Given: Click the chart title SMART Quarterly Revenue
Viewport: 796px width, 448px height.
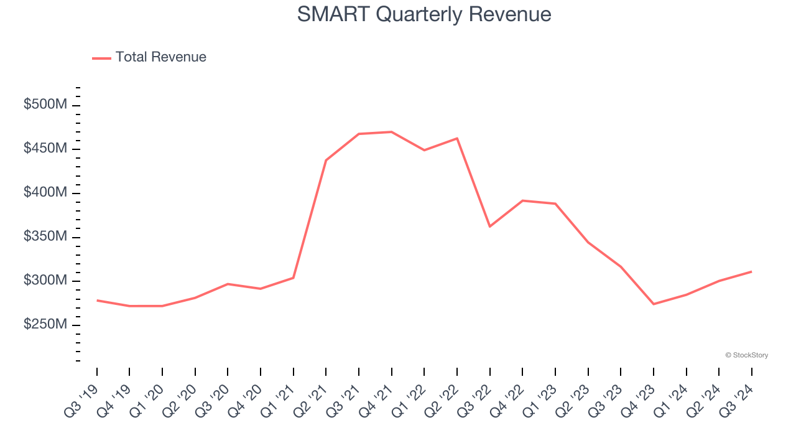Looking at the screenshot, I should [424, 14].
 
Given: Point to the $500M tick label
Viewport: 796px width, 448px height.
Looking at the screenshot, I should [45, 105].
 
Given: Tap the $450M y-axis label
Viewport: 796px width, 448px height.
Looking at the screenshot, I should [45, 149].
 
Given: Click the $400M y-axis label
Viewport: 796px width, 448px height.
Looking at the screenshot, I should [45, 193].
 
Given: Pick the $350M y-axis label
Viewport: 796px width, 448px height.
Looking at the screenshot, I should [45, 237].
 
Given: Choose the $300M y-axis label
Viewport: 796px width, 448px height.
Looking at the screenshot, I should [45, 281].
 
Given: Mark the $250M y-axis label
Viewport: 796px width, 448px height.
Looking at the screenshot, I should [45, 325].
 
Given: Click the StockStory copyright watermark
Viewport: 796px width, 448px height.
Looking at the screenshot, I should [746, 355].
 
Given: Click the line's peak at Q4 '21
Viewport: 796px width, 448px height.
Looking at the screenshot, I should [391, 132].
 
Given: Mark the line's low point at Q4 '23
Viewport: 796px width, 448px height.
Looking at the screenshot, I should [654, 304].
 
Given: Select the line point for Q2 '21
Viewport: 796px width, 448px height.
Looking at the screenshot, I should [326, 161].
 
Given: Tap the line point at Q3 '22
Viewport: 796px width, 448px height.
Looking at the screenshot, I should [489, 226].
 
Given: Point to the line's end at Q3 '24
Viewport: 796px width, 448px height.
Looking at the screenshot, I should [751, 271].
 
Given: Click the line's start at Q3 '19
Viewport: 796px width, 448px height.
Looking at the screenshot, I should [97, 301].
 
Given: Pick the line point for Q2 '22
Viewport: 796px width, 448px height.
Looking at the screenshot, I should [457, 138].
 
